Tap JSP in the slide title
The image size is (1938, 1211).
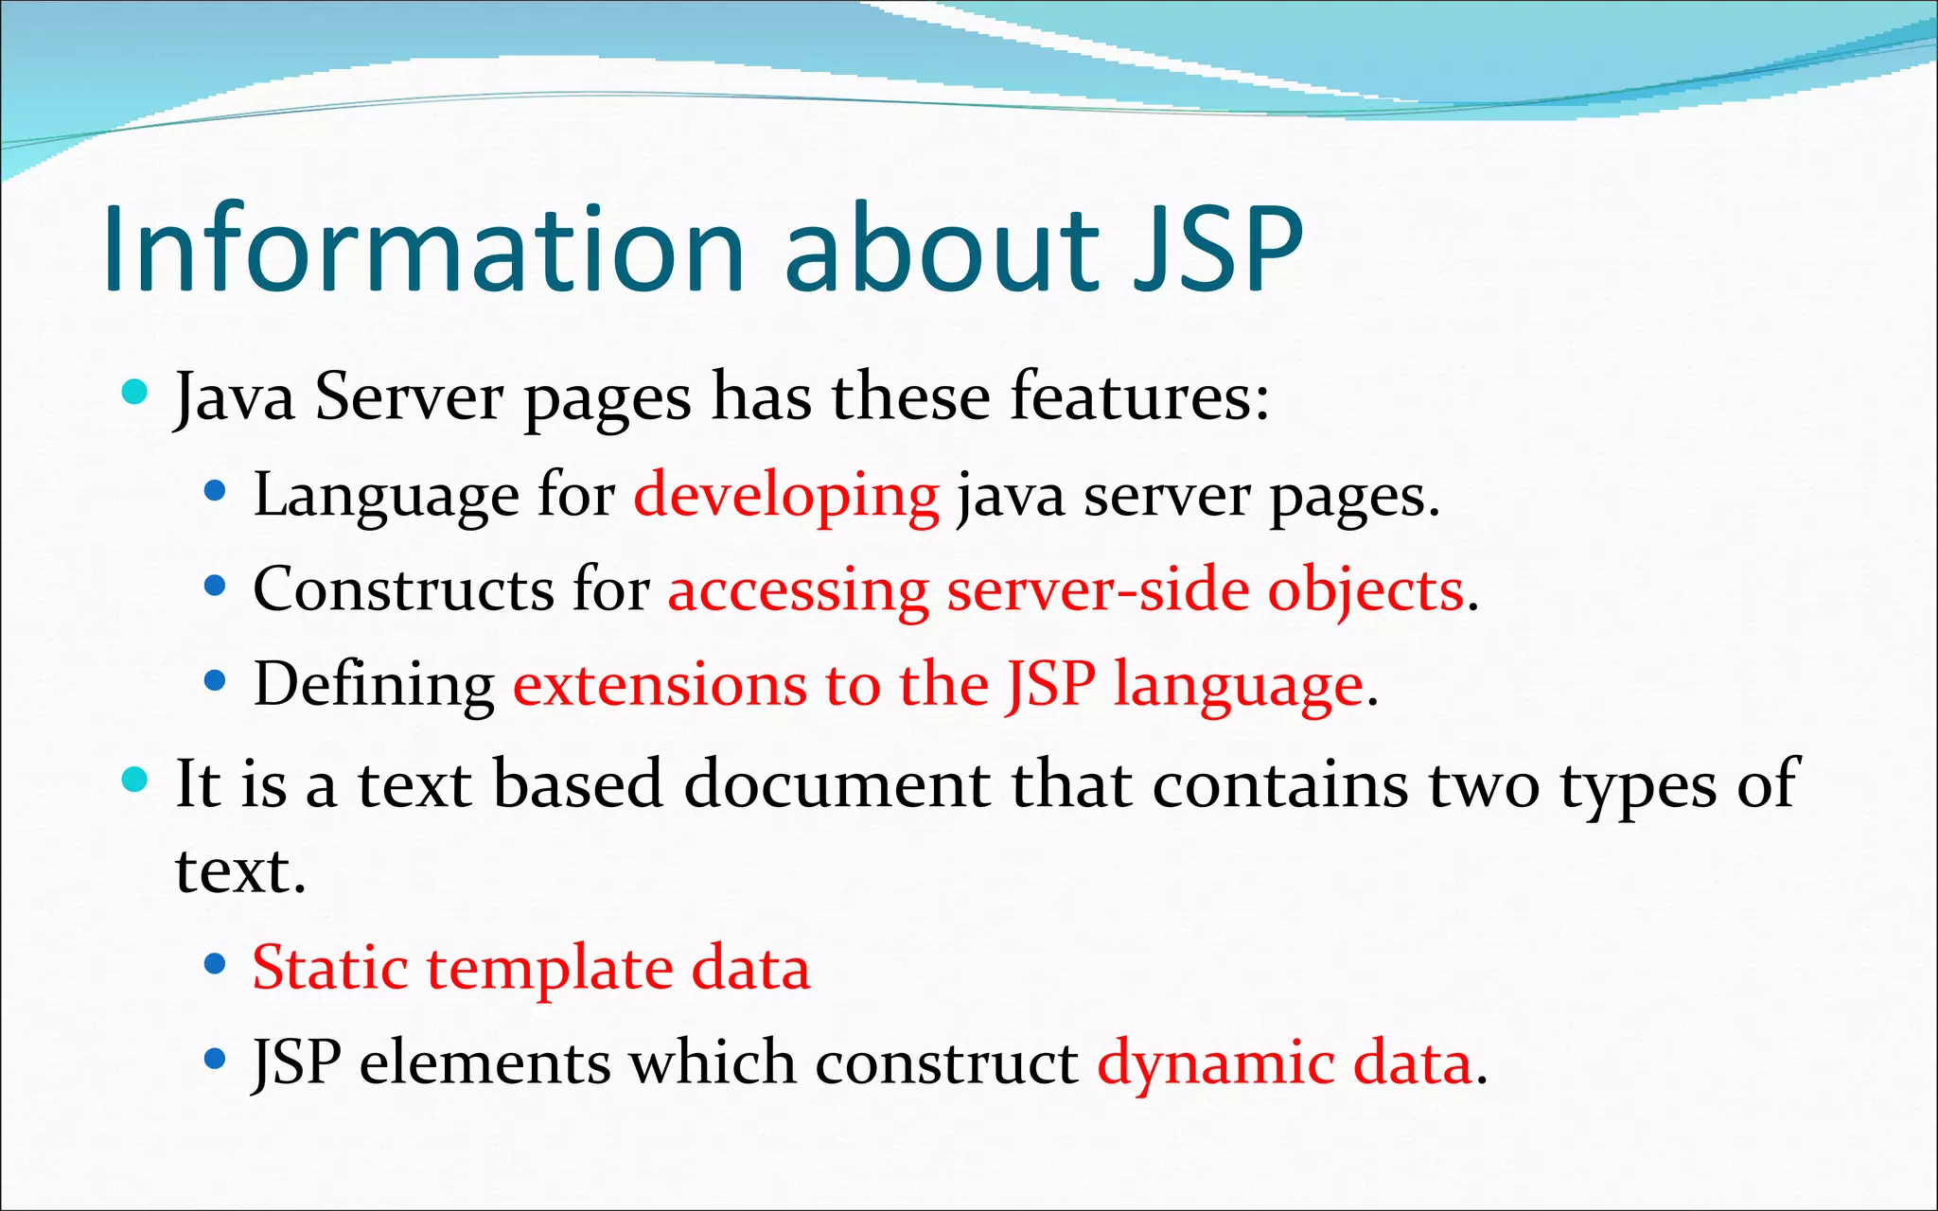coord(1219,249)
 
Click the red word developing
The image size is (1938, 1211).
coord(785,496)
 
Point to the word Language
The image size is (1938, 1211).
coord(386,496)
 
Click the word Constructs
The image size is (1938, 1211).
coord(403,589)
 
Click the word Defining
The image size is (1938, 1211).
coord(374,685)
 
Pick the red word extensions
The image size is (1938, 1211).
coord(660,683)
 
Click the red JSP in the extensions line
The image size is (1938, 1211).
coord(1050,683)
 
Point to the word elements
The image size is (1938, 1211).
coord(484,1062)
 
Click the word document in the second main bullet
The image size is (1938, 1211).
coord(837,784)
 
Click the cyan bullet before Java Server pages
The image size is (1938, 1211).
coord(135,391)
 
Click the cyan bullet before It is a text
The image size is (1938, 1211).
coord(135,779)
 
